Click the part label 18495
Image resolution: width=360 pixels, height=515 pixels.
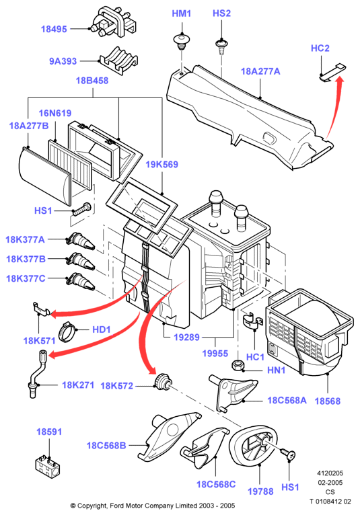pyautogui.click(x=54, y=29)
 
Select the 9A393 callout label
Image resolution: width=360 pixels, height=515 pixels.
pyautogui.click(x=63, y=61)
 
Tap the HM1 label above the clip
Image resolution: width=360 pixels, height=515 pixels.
pyautogui.click(x=182, y=13)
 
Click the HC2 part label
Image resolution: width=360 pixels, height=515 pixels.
pyautogui.click(x=320, y=48)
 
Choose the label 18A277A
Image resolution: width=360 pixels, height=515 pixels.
pyautogui.click(x=260, y=71)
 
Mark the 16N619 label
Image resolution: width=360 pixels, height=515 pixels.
pyautogui.click(x=55, y=114)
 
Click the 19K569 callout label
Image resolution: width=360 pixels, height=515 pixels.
pyautogui.click(x=161, y=164)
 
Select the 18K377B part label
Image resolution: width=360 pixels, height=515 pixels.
pyautogui.click(x=26, y=259)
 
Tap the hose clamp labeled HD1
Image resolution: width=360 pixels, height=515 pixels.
pyautogui.click(x=66, y=331)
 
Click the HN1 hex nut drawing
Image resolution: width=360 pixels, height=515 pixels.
pyautogui.click(x=237, y=366)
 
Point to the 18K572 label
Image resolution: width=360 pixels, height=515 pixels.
pyautogui.click(x=116, y=386)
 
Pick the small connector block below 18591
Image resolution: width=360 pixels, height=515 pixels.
pyautogui.click(x=47, y=466)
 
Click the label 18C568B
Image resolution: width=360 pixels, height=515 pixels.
pyautogui.click(x=106, y=445)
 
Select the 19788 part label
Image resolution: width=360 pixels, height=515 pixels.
pyautogui.click(x=260, y=491)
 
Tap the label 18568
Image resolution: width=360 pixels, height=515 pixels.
pyautogui.click(x=328, y=401)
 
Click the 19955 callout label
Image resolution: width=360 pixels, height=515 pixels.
pyautogui.click(x=215, y=354)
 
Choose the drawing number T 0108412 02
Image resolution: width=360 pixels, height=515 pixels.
pyautogui.click(x=330, y=502)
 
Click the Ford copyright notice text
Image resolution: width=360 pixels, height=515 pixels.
pyautogui.click(x=153, y=506)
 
